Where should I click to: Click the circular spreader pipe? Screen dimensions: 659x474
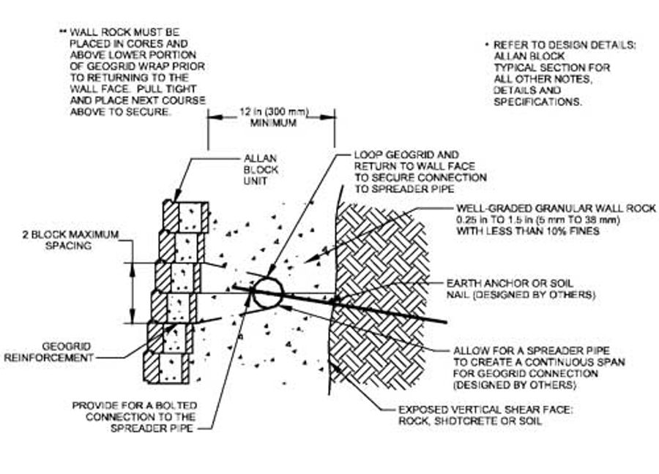(x=268, y=293)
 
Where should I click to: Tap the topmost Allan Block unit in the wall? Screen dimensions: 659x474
(x=186, y=217)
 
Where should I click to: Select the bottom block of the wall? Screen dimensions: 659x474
(x=167, y=367)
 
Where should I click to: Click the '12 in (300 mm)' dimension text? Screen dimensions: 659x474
(x=274, y=112)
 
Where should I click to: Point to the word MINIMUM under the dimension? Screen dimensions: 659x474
(x=274, y=123)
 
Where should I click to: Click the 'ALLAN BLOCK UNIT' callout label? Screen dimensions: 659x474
(x=261, y=170)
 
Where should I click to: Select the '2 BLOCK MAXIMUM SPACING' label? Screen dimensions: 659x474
(x=70, y=240)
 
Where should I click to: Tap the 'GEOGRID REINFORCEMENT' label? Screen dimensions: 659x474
(x=49, y=353)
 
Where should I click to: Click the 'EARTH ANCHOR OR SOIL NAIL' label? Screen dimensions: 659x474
(x=521, y=289)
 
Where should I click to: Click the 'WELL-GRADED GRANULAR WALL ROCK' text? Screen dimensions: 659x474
(x=556, y=208)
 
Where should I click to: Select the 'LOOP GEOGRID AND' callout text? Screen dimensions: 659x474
(x=406, y=155)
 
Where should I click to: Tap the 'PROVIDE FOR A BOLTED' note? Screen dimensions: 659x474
(x=135, y=405)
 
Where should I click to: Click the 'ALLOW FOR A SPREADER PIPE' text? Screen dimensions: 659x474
(x=532, y=350)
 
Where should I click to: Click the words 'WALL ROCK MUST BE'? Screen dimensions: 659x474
(x=124, y=32)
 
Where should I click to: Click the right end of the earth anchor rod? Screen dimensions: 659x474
(x=446, y=322)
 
